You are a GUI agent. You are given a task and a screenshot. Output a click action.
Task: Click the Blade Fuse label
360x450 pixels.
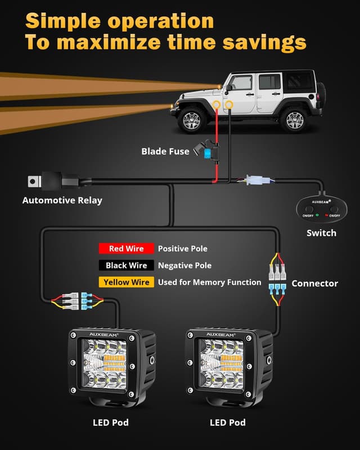tap(165, 151)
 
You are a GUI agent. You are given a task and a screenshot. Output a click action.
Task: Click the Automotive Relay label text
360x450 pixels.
tap(62, 200)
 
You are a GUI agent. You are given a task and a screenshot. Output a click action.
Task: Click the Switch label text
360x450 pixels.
tap(321, 233)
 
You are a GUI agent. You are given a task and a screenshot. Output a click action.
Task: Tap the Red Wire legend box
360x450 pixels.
tap(126, 249)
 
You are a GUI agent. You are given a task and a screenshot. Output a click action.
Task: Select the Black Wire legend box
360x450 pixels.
tap(126, 265)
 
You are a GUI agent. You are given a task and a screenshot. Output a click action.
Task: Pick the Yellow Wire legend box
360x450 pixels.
tap(126, 282)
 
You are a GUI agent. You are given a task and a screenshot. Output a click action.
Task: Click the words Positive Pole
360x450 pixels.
tap(182, 249)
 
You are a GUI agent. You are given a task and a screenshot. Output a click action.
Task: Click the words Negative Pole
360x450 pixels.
tap(184, 265)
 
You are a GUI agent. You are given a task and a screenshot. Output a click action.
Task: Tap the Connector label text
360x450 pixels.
tap(314, 283)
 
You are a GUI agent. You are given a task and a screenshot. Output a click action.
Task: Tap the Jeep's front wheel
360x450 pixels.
tap(192, 119)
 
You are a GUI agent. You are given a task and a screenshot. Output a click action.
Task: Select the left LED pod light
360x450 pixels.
tap(112, 365)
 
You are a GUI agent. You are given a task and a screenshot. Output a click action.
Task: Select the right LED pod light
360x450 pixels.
tap(228, 365)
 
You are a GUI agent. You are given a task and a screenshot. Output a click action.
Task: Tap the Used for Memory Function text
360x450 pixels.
tap(209, 282)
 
